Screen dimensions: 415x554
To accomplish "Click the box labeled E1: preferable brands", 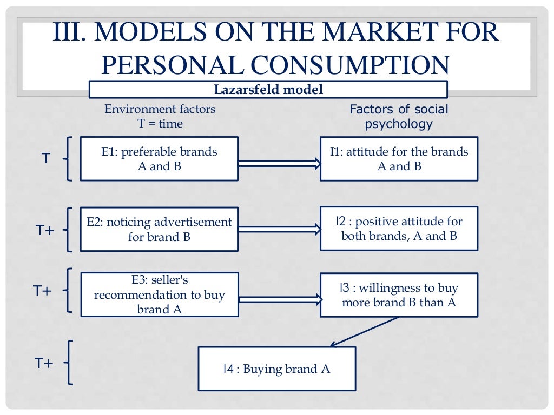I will coord(159,158).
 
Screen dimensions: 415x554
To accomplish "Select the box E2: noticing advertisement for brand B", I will coord(159,229).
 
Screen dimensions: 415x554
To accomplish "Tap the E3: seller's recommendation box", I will coord(159,294).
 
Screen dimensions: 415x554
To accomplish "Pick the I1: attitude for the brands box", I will coord(399,158).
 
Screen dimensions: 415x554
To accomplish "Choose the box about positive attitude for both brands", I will coord(399,228).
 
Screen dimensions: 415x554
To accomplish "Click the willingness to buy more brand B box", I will coord(399,295).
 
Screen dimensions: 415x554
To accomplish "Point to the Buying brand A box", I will coord(276,369).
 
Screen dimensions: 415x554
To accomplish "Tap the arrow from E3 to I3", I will coord(279,298).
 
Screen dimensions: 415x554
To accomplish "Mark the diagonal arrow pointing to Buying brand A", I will coord(365,331).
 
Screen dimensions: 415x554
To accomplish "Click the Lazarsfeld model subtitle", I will coord(268,89).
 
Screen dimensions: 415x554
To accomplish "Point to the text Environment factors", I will coord(160,109).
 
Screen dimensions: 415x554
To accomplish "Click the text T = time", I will coord(160,124).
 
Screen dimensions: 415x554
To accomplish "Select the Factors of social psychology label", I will coord(399,117).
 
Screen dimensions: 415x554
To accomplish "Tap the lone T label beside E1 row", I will coord(46,159).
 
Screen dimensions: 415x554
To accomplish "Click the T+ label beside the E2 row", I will coord(45,230).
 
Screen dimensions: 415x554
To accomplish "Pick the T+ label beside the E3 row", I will coord(42,290).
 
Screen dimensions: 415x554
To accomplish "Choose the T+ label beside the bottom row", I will coord(44,363).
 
